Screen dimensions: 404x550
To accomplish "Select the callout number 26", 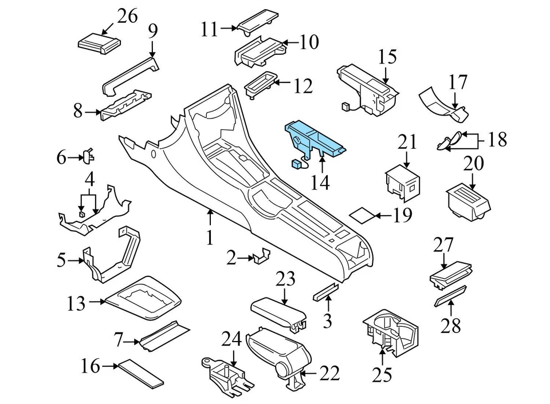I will coord(127,16).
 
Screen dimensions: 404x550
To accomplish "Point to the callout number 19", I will coord(403,216).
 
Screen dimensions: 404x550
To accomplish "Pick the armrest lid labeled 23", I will coord(278,312).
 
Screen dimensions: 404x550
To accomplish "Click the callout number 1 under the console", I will coord(210,237).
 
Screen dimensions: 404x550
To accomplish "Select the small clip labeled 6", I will coord(88,156).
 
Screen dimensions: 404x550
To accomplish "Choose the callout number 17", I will coord(458,82).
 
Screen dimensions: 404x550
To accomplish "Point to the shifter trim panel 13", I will coord(143,300).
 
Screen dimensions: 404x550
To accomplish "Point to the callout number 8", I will coord(78,111).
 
